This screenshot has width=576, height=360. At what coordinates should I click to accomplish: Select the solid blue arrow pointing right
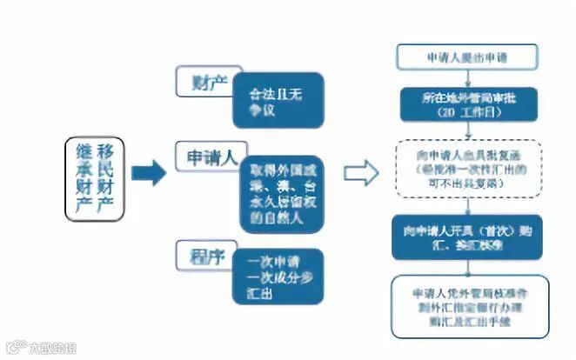[148, 173]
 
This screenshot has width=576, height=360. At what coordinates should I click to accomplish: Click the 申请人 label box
[211, 157]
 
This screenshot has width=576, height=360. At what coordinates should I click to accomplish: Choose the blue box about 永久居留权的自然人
[278, 196]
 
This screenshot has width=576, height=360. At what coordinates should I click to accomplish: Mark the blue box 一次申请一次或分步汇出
[278, 275]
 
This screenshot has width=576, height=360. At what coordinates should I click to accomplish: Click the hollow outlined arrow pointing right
[360, 172]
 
